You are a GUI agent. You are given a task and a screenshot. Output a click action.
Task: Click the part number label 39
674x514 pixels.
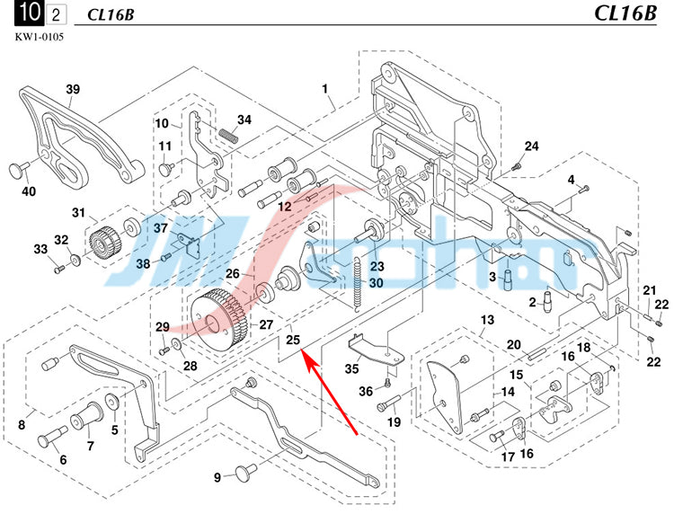coord(73,88)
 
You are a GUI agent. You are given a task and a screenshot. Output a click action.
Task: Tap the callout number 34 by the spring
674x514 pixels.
coord(244,120)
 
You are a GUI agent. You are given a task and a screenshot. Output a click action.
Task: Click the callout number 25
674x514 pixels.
coord(293,340)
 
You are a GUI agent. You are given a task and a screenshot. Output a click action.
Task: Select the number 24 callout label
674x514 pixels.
coord(532,146)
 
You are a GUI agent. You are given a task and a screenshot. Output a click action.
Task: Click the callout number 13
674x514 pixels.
coord(487,321)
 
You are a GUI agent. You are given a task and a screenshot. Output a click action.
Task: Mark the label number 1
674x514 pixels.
coord(325,88)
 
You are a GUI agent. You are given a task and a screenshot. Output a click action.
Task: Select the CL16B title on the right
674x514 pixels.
coord(627,13)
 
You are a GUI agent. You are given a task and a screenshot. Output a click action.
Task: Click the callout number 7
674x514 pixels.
coord(90,446)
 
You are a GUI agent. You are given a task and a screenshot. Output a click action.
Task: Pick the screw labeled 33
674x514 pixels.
coord(57,268)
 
